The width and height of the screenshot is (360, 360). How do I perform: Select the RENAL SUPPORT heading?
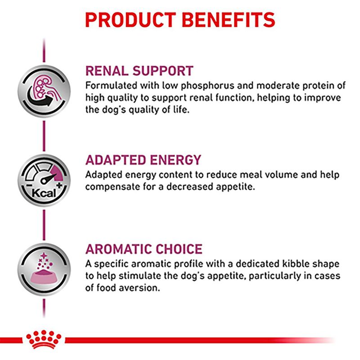click(x=139, y=71)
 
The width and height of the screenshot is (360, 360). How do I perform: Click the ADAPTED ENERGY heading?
click(x=143, y=160)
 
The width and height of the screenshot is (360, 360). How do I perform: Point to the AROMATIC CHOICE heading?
click(x=144, y=249)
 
